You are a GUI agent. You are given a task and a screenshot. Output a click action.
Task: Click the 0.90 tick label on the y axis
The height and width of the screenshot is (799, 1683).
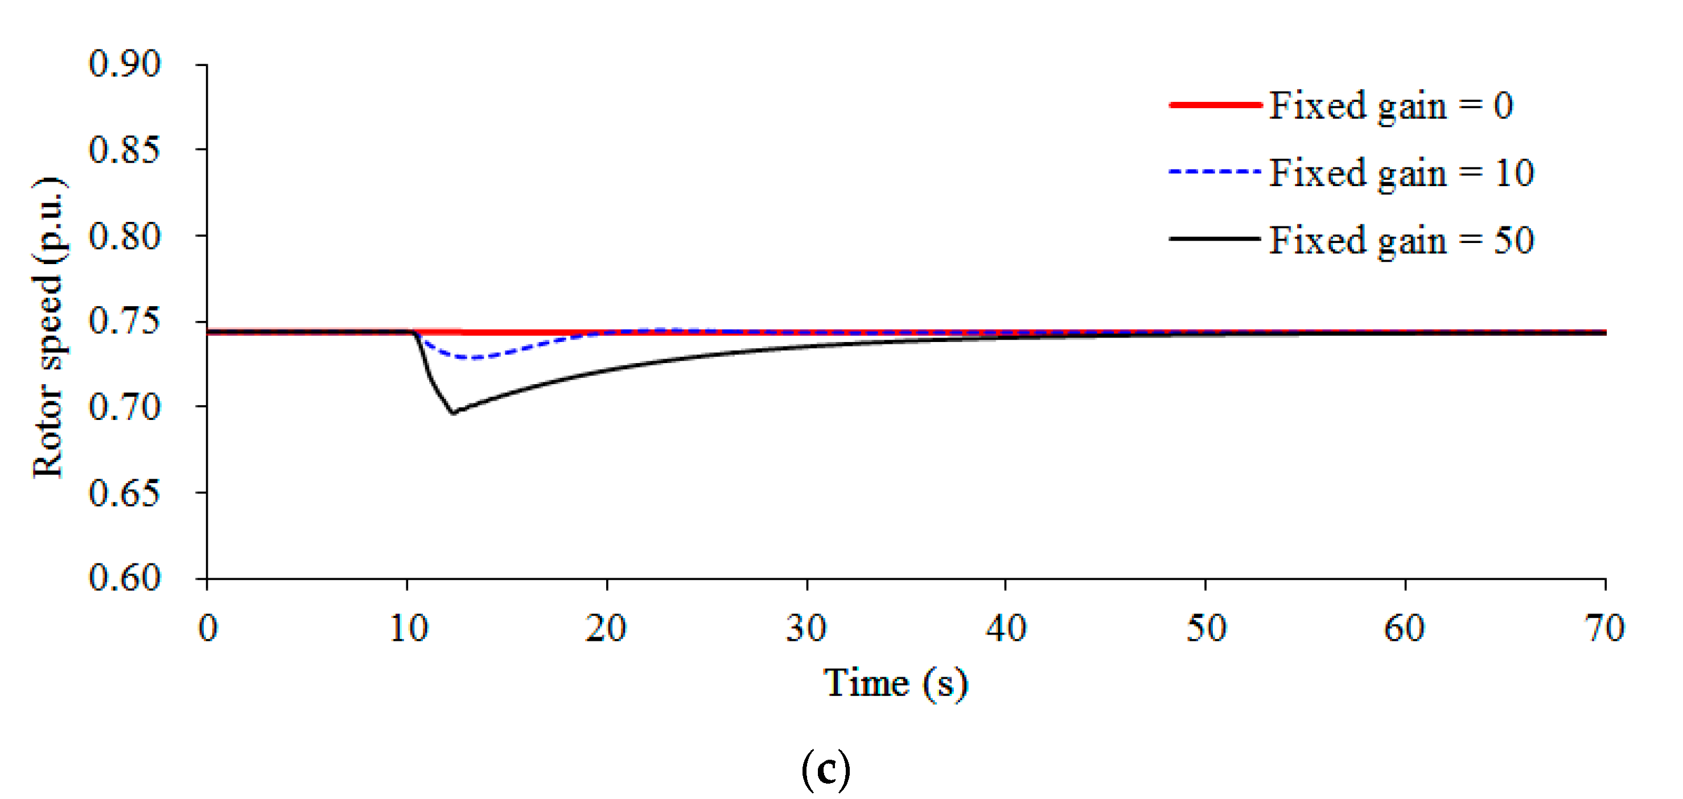[x=124, y=65]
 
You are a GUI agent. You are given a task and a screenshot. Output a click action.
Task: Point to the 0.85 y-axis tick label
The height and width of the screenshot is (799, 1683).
[x=124, y=150]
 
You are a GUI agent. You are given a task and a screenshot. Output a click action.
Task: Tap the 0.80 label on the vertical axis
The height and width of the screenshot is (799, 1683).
[x=124, y=237]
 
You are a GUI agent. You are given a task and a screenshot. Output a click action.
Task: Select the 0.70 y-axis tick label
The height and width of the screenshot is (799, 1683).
[x=124, y=407]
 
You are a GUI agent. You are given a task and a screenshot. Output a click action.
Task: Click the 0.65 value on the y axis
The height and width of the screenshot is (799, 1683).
[x=124, y=493]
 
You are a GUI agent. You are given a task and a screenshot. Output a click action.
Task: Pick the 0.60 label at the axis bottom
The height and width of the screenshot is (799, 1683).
[x=124, y=578]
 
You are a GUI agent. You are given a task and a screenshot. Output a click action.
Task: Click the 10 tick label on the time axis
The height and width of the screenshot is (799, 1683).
[x=408, y=628]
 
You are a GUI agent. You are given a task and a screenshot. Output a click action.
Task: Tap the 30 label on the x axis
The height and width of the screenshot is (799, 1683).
[x=806, y=628]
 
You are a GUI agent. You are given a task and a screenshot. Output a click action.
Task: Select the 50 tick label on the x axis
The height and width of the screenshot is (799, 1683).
[x=1206, y=628]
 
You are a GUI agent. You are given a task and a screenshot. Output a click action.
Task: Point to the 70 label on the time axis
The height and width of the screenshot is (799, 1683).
[x=1604, y=628]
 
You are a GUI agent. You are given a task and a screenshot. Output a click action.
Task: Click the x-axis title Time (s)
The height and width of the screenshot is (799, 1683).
[x=895, y=684]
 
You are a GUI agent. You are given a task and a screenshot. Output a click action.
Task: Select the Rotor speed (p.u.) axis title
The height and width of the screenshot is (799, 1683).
[x=49, y=327]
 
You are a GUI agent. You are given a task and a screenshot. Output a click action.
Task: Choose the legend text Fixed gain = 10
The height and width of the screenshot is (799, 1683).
[x=1401, y=173]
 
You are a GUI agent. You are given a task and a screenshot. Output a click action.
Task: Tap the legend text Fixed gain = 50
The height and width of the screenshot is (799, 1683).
[x=1401, y=240]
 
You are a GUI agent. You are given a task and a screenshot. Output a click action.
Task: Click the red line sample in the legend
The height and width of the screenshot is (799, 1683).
[x=1215, y=105]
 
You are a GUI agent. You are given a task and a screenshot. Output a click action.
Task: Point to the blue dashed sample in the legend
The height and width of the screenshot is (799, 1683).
[x=1215, y=172]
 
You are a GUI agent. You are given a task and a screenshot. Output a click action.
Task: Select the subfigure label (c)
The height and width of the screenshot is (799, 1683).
[x=826, y=769]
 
